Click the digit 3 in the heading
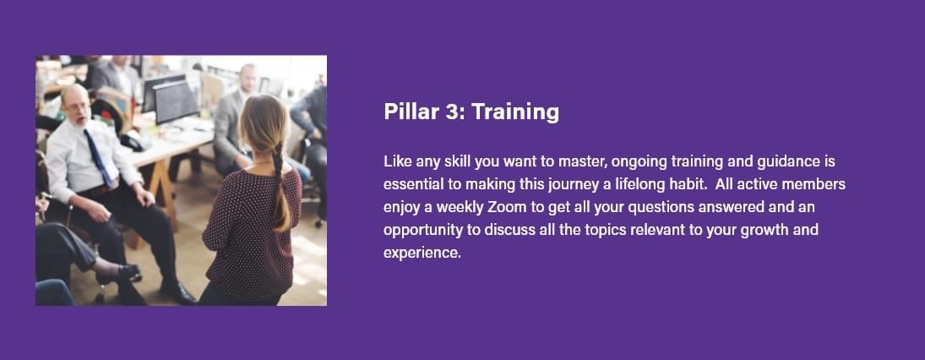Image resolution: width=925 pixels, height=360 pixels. pos(452,112)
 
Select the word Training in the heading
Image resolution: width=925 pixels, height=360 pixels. pos(515,112)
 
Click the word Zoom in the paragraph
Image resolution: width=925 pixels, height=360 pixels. pos(505,207)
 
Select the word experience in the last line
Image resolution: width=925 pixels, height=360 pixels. pos(421,254)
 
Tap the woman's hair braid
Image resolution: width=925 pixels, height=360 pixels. pos(280,188)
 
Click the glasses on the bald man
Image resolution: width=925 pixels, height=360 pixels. pos(77,107)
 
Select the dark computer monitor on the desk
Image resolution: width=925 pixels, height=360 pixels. pos(174,101)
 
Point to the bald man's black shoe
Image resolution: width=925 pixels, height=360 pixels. pos(177,292)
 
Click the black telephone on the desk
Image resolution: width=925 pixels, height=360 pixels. pos(131,142)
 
